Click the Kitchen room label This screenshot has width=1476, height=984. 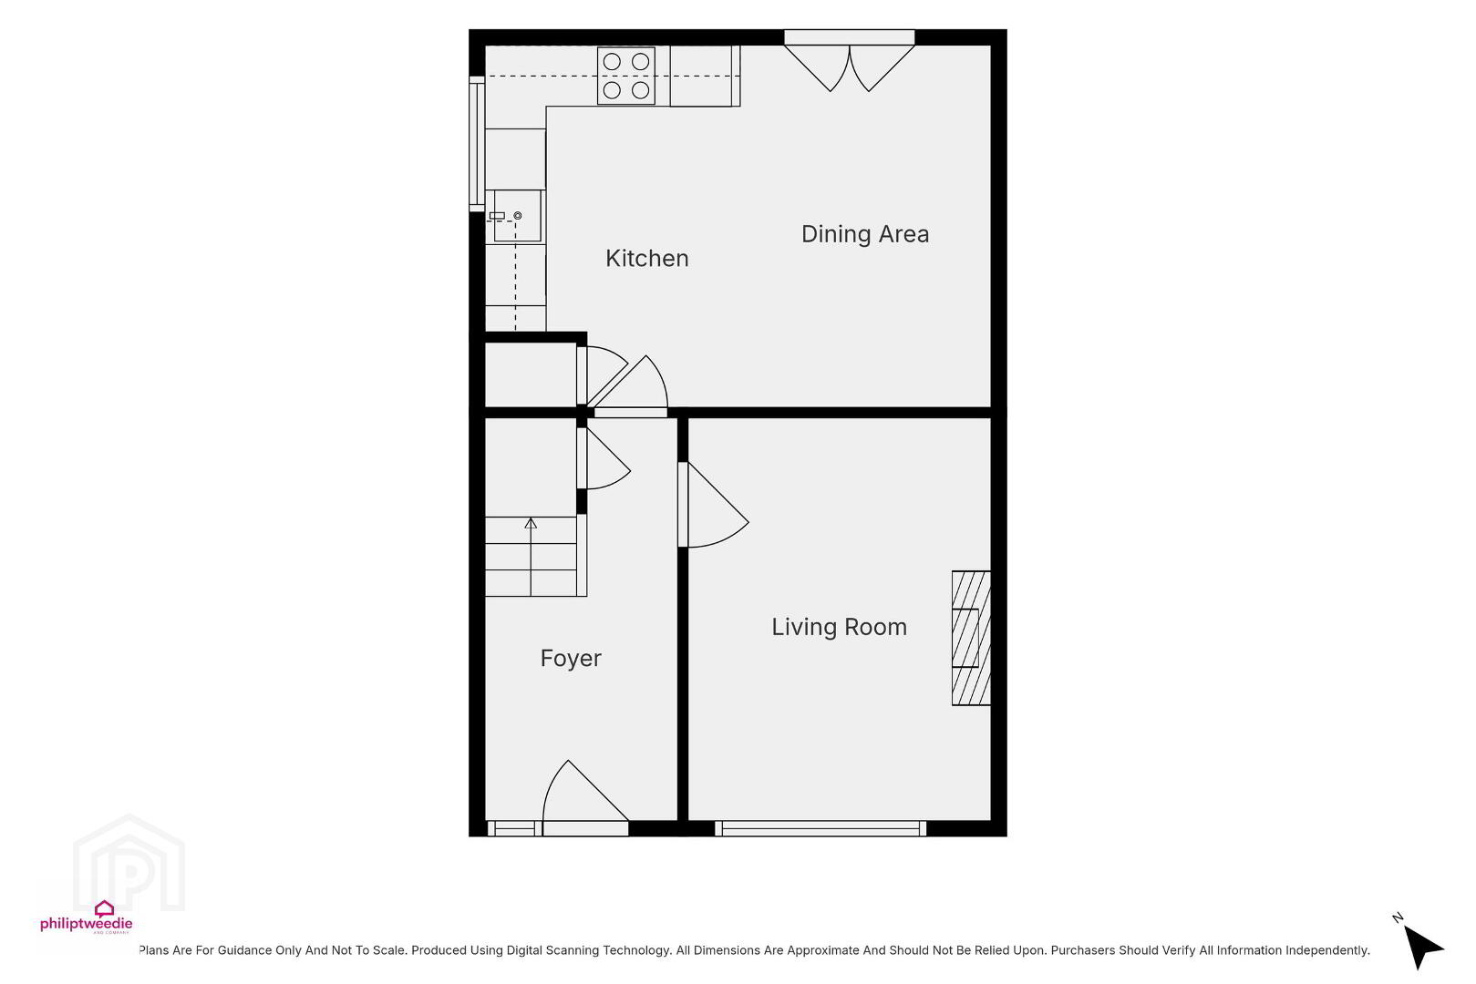click(x=647, y=258)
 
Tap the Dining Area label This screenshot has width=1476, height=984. click(x=865, y=234)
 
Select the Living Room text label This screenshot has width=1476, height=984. click(x=839, y=626)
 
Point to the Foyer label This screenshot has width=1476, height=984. click(x=571, y=659)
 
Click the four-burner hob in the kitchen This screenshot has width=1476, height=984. click(x=626, y=76)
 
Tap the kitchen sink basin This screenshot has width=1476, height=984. click(x=517, y=216)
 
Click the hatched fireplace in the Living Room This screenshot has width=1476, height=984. click(x=971, y=638)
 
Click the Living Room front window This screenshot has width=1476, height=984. click(x=821, y=828)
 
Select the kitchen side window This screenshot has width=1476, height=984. click(x=477, y=144)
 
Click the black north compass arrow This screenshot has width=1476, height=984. click(x=1421, y=947)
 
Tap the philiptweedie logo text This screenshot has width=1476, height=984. click(x=87, y=924)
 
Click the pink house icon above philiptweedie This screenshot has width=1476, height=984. click(x=104, y=909)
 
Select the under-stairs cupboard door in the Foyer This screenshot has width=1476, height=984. click(x=603, y=458)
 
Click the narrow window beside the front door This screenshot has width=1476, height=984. click(x=514, y=828)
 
